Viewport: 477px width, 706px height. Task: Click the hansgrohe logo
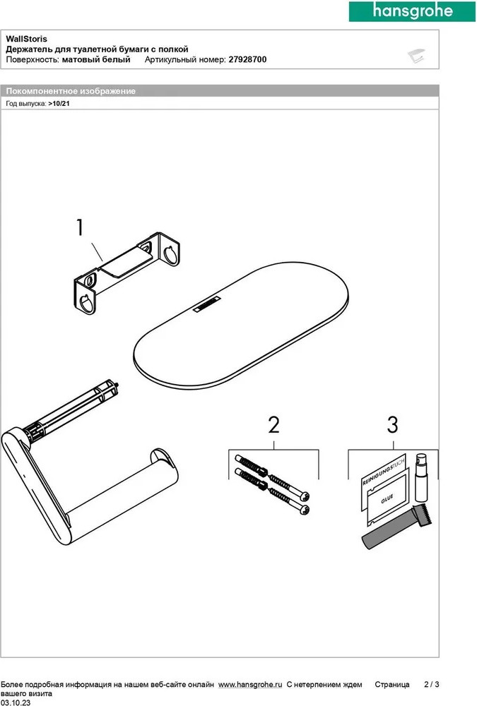click(412, 11)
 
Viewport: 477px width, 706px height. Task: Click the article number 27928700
click(247, 59)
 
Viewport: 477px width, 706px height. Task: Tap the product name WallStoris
click(26, 39)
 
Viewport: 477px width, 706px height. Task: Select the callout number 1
click(80, 228)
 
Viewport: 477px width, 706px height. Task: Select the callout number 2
click(273, 425)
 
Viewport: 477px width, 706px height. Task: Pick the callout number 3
click(393, 425)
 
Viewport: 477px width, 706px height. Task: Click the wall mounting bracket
click(126, 273)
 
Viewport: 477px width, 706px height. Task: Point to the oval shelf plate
click(241, 325)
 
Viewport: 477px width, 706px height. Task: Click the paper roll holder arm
click(90, 484)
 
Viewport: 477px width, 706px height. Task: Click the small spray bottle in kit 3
click(420, 477)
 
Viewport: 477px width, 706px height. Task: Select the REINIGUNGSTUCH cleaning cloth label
click(383, 470)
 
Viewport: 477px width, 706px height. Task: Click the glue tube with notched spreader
click(396, 527)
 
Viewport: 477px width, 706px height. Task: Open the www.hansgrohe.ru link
click(250, 684)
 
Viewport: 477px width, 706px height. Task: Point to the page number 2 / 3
click(432, 684)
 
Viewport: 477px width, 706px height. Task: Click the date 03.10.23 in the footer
click(16, 702)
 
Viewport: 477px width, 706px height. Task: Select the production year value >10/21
click(59, 104)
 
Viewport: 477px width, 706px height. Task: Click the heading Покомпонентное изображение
click(71, 91)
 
